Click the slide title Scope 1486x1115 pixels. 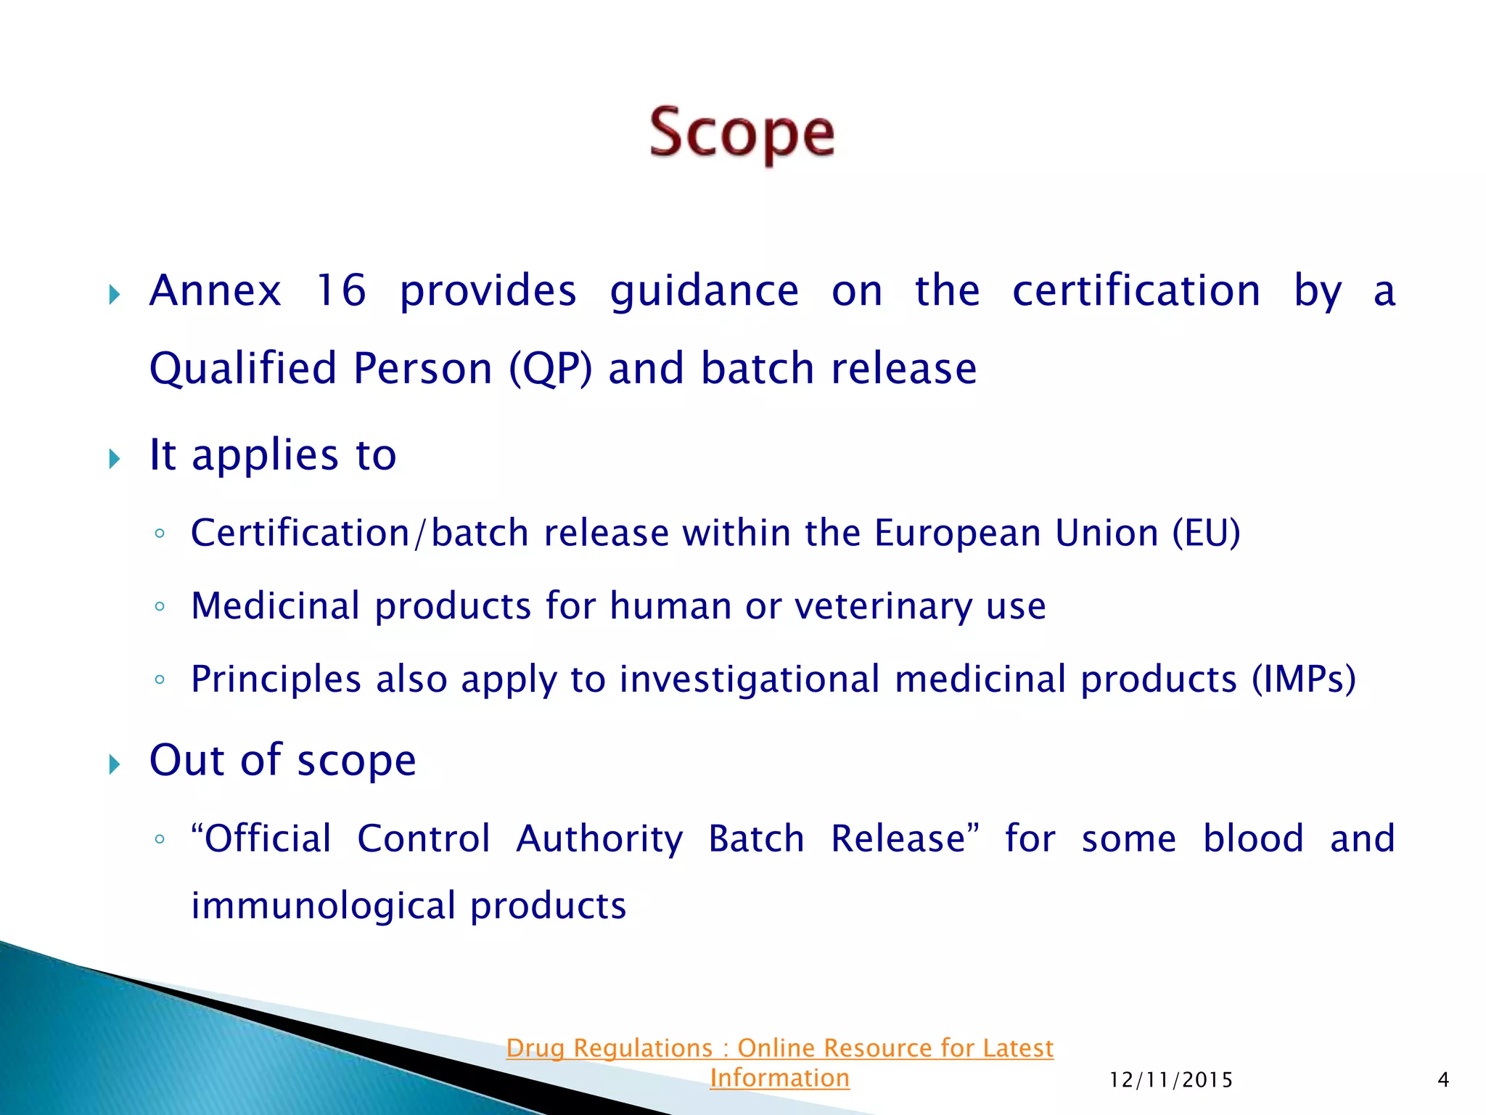[742, 134]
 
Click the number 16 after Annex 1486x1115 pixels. [340, 290]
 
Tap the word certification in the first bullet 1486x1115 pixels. [1136, 290]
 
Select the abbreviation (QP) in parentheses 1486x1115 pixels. [550, 368]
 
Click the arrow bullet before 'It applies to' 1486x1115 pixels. [115, 459]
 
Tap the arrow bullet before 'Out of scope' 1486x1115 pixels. [115, 764]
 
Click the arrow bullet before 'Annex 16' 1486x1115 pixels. [115, 295]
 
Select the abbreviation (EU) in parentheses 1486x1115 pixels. [1207, 534]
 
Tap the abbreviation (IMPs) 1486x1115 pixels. [1304, 679]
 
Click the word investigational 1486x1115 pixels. [750, 679]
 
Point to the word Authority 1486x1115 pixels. [599, 839]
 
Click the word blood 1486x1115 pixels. [1253, 839]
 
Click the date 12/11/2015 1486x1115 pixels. [1171, 1080]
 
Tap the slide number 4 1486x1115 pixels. [1443, 1080]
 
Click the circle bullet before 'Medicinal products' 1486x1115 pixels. [160, 607]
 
